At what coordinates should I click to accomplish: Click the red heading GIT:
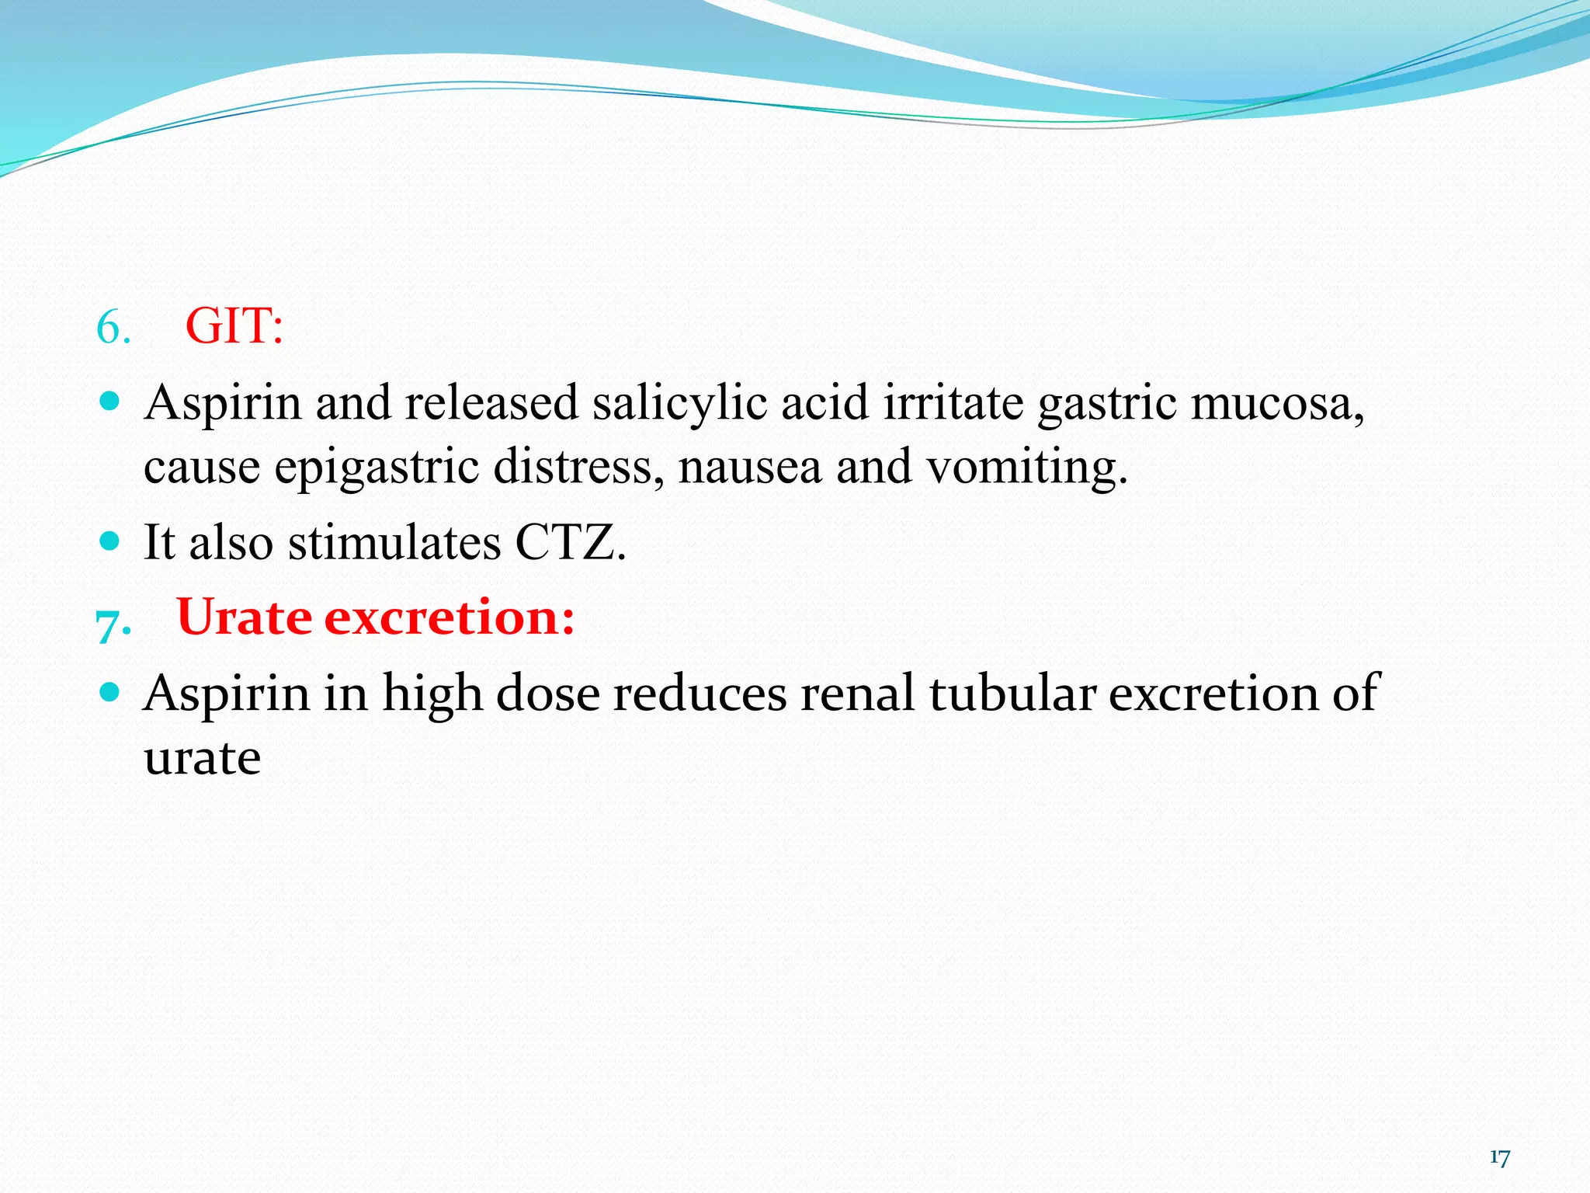[x=234, y=326]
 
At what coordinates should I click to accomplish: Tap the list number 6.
[x=113, y=328]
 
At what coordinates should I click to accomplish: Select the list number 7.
[x=113, y=622]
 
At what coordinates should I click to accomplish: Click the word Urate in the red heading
[x=245, y=617]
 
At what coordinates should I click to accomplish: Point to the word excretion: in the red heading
[x=450, y=617]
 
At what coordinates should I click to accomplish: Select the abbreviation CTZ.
[x=570, y=542]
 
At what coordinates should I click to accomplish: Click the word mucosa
[x=1277, y=404]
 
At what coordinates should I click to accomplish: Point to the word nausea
[x=749, y=468]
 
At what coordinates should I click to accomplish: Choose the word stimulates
[x=394, y=542]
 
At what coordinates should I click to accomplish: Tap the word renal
[x=857, y=693]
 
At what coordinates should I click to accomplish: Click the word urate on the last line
[x=202, y=758]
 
